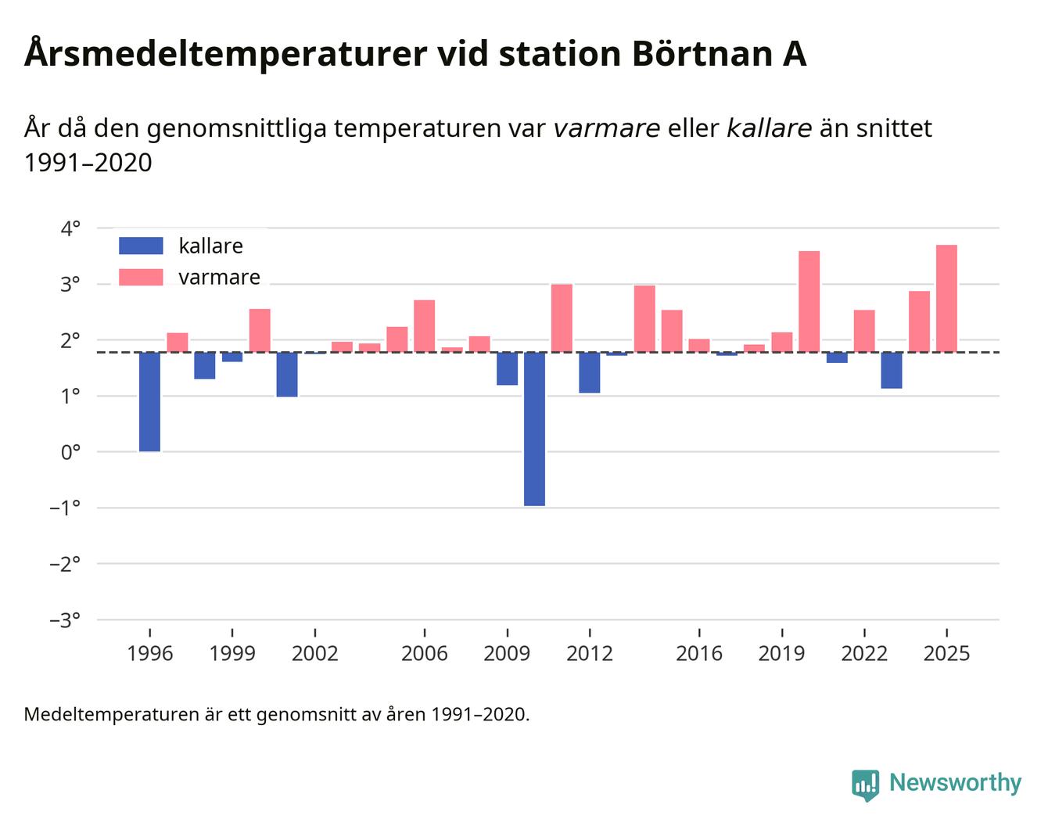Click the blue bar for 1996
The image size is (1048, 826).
149,402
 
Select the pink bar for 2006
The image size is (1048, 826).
425,326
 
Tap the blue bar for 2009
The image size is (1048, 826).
507,368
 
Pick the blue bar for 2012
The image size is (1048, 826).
590,372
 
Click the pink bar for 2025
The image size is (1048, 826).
946,299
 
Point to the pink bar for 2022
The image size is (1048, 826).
864,331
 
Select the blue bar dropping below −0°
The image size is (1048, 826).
535,429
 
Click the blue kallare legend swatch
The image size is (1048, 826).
141,246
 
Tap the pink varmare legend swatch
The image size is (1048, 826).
141,277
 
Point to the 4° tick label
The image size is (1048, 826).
70,228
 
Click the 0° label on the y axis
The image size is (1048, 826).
70,452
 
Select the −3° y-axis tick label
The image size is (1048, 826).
65,620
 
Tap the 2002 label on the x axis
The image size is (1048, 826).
314,654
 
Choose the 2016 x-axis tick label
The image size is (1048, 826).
699,654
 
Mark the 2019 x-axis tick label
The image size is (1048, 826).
781,654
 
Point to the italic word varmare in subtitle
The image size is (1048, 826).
606,128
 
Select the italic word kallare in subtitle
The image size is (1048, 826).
769,128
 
